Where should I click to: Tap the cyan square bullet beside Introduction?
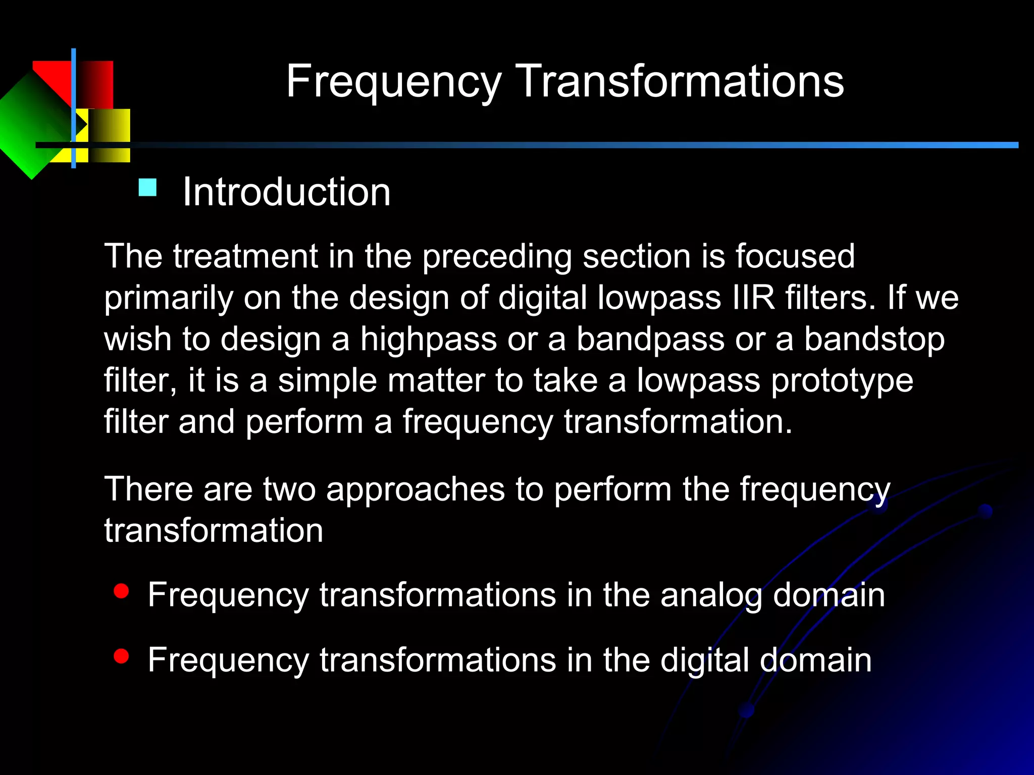(x=147, y=188)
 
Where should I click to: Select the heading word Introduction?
(x=286, y=192)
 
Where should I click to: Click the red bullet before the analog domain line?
(x=121, y=591)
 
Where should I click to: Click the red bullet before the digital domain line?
(x=121, y=656)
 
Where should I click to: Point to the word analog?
(x=711, y=595)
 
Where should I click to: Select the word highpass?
(x=428, y=339)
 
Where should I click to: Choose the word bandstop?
(x=874, y=339)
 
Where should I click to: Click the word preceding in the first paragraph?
(x=497, y=257)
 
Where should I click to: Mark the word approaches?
(x=415, y=489)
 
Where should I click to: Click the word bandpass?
(x=650, y=339)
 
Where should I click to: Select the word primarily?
(x=169, y=298)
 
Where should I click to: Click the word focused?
(x=795, y=256)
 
